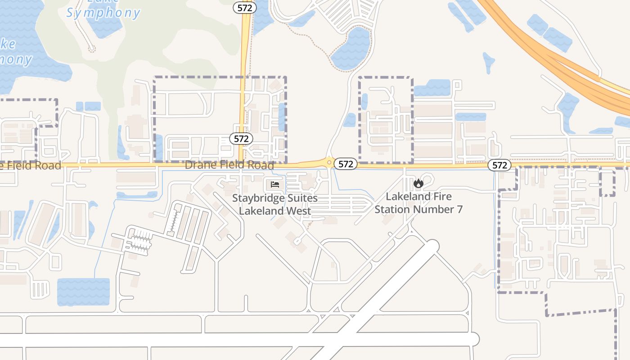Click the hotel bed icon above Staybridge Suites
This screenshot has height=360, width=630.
coord(275,184)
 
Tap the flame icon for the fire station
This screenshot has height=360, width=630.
coord(418,183)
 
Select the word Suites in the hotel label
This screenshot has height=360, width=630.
coord(301,198)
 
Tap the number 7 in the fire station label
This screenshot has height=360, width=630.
coord(459,209)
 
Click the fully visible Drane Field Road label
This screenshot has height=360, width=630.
coord(229,165)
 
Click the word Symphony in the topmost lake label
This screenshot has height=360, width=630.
coord(103,13)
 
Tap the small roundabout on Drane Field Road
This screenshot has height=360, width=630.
coord(329,162)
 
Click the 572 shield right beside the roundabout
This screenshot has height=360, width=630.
coord(346,164)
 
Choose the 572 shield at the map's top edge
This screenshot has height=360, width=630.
coord(245,7)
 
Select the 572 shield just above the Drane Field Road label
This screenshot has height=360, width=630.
coord(241,139)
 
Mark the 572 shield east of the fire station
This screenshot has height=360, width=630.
coord(499,165)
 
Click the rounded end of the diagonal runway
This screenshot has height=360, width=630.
coord(432,246)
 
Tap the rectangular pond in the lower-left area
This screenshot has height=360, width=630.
coord(83,292)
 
